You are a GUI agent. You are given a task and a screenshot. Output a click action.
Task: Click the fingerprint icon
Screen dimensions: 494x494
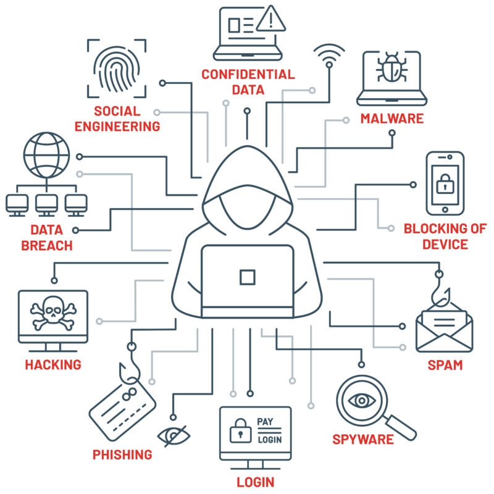(x=117, y=69)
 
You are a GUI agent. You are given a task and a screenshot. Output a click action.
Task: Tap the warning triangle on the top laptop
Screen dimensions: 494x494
(x=271, y=19)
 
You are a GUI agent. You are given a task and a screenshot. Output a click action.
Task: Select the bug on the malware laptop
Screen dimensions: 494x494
(x=391, y=67)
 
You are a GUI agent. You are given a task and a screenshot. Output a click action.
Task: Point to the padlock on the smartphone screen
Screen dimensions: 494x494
(x=445, y=183)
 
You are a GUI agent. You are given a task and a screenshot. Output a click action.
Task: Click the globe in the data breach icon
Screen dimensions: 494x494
(x=47, y=155)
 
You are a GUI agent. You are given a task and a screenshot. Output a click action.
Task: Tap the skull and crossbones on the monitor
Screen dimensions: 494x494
(x=53, y=313)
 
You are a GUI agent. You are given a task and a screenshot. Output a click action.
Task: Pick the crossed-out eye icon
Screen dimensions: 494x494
(x=174, y=436)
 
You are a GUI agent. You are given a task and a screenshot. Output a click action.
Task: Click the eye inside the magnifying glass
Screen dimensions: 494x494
(x=362, y=401)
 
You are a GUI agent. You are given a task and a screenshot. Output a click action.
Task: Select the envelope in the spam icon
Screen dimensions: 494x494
(x=444, y=331)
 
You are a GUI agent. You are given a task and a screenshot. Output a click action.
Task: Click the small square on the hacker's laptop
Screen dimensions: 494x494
(x=248, y=277)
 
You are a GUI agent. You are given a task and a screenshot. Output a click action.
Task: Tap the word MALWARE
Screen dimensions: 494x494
(x=392, y=119)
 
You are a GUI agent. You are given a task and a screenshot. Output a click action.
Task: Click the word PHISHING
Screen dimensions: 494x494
(x=122, y=454)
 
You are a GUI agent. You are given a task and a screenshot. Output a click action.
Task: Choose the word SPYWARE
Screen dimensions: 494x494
(x=363, y=440)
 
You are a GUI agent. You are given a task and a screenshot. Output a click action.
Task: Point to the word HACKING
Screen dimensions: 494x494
(x=53, y=365)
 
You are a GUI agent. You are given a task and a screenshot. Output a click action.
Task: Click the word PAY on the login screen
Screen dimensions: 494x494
(x=265, y=422)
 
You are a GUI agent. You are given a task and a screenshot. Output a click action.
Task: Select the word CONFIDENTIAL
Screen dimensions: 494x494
(x=248, y=75)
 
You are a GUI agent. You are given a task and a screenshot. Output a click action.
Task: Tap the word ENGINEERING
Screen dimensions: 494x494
(x=117, y=127)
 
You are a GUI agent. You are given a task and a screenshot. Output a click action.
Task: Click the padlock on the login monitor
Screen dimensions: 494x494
(x=240, y=430)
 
